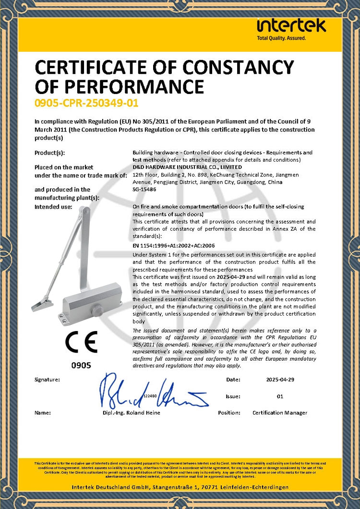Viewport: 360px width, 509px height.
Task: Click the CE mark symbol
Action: tap(81, 342)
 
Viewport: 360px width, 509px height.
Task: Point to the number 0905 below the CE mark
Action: tap(81, 366)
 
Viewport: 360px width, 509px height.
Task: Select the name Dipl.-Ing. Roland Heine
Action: tap(131, 413)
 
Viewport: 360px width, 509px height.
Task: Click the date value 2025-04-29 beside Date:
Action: tap(280, 379)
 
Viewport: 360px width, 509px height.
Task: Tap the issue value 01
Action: tap(280, 396)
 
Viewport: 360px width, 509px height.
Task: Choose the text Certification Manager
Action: tap(279, 413)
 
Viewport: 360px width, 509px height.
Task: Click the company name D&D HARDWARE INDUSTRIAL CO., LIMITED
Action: tap(187, 167)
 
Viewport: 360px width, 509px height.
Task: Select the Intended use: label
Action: tap(53, 207)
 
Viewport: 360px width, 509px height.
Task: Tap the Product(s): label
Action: tap(49, 153)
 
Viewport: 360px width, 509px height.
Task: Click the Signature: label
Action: tap(47, 379)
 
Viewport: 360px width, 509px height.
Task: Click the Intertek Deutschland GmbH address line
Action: tap(180, 487)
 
